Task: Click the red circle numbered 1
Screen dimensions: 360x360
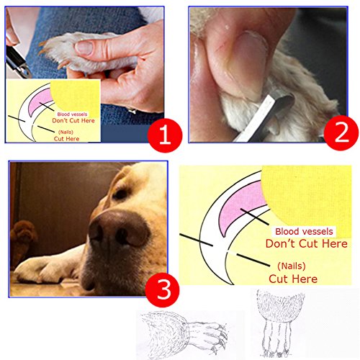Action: click(165, 135)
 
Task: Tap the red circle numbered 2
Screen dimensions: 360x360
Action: click(341, 133)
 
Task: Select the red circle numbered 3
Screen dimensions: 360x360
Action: click(162, 290)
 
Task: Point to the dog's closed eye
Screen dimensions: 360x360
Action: click(120, 194)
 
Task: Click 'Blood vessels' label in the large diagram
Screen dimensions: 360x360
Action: click(304, 231)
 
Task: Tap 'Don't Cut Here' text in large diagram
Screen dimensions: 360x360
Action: click(307, 243)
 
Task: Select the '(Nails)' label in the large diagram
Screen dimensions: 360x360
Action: click(291, 266)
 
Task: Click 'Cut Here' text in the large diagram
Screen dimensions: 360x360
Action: click(293, 279)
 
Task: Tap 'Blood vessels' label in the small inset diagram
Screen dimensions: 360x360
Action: click(72, 114)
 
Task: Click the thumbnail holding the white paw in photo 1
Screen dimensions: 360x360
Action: click(84, 48)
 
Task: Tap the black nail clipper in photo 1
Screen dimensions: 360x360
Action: click(17, 61)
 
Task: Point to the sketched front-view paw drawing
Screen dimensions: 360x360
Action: click(279, 323)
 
